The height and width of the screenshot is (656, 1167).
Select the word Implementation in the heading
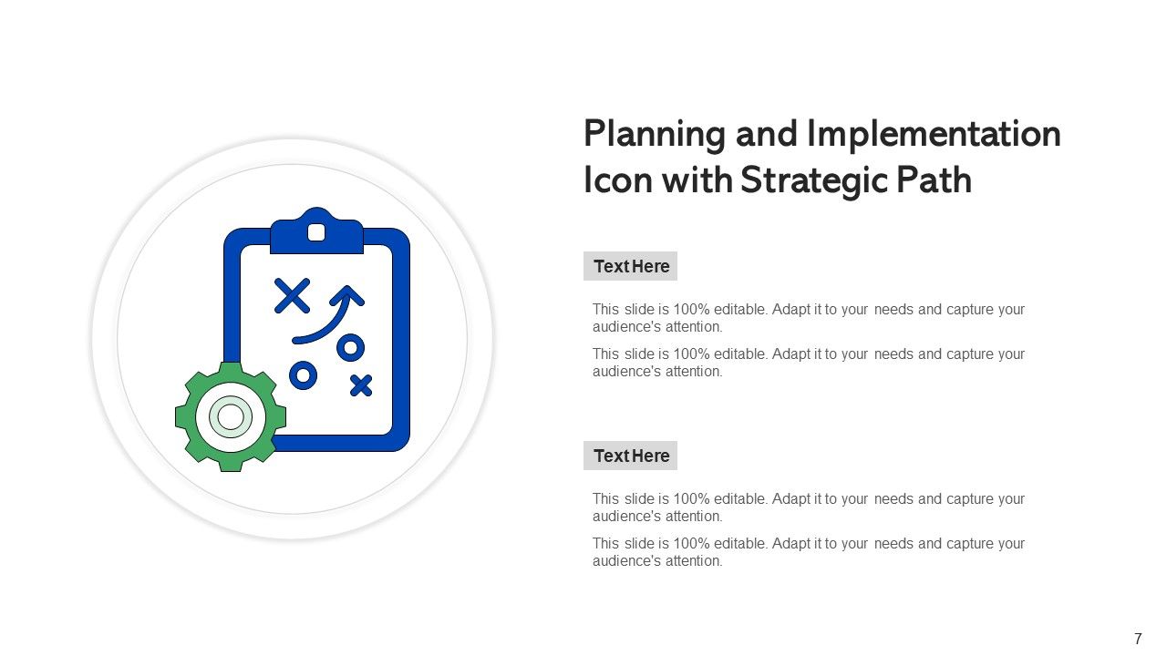point(934,135)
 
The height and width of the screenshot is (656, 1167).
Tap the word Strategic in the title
point(813,180)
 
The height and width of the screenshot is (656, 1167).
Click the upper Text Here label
point(631,266)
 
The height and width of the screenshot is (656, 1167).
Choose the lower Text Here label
point(631,456)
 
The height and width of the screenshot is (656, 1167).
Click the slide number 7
point(1137,639)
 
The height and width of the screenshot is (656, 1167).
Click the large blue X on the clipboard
point(292,296)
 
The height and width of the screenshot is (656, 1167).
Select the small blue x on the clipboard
point(361,385)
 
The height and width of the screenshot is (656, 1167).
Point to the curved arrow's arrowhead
point(346,294)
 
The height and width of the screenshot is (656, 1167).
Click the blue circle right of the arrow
point(350,347)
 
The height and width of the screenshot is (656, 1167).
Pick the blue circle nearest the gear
point(303,374)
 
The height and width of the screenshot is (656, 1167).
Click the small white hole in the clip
point(316,232)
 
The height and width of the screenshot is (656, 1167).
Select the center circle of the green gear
point(231,416)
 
